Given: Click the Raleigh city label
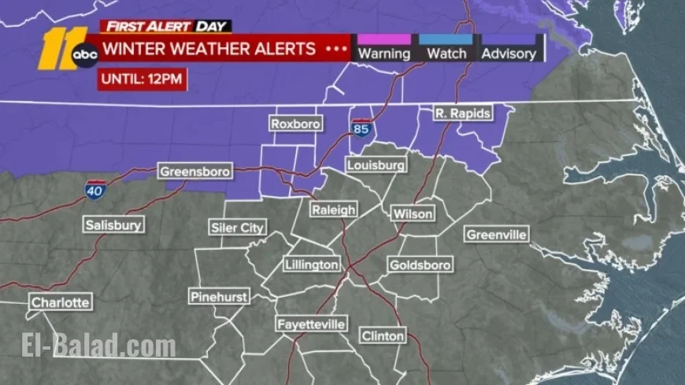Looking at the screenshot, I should click(333, 210).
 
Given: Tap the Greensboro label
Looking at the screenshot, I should click(194, 171).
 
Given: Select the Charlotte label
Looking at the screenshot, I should click(61, 302).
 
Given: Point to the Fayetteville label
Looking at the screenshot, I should click(311, 324).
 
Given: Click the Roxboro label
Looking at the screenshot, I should click(292, 124).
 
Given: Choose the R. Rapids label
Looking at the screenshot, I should click(463, 114).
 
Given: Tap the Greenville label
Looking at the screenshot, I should click(497, 235).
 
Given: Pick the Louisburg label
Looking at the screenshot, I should click(376, 165).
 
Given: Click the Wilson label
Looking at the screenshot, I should click(413, 214).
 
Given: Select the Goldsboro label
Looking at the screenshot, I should click(420, 265).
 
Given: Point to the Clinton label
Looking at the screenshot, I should click(383, 336).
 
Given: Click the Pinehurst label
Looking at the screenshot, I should click(220, 297).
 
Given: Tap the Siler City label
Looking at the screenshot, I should click(237, 228).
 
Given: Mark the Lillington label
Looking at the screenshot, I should click(312, 265).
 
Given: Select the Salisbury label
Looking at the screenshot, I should click(114, 225).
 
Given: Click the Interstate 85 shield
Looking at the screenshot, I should click(361, 128).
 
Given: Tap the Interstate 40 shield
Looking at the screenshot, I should click(92, 190).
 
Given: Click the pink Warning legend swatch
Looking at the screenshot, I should click(383, 39).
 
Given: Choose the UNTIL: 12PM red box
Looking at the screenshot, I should click(142, 80).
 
